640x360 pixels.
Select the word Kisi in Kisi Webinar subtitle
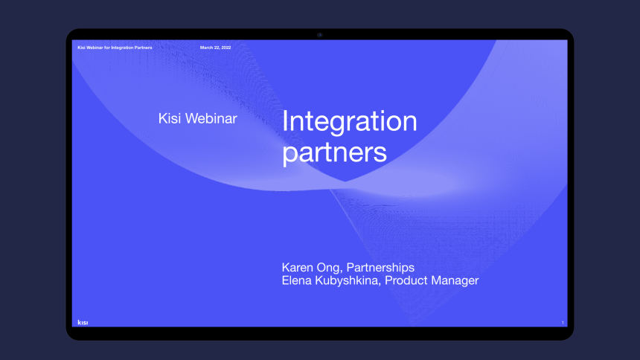[170, 118]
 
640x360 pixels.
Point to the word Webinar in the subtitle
[211, 118]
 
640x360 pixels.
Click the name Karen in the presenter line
[296, 267]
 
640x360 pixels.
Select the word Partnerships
[380, 268]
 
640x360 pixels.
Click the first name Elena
[296, 280]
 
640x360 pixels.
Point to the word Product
[406, 280]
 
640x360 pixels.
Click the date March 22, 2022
[216, 48]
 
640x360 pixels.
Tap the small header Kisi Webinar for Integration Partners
[115, 48]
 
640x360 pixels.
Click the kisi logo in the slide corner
[83, 323]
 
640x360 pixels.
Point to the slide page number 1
[563, 323]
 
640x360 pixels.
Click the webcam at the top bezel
[320, 35]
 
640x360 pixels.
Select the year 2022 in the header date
[226, 48]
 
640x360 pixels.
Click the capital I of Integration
[284, 120]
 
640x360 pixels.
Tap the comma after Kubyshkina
[380, 284]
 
